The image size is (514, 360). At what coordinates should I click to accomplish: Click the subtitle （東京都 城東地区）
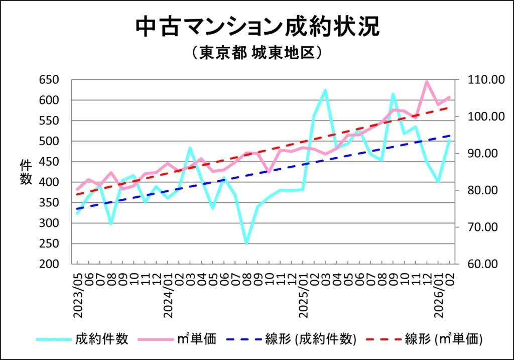(256, 53)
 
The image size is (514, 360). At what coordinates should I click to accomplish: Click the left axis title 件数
(26, 172)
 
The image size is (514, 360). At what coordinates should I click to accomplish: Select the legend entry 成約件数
(102, 339)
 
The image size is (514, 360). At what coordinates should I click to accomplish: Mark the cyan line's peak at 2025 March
(325, 90)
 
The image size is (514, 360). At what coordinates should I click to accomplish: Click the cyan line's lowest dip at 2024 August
(246, 244)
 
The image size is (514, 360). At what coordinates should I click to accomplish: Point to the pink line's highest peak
(427, 81)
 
